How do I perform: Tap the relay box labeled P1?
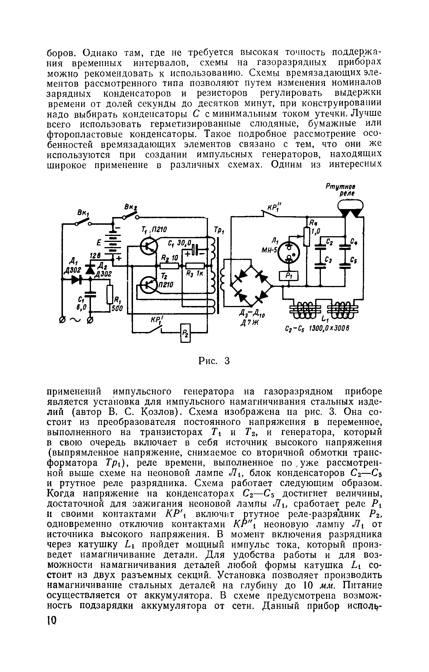point(289,276)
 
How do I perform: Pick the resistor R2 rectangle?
point(169,266)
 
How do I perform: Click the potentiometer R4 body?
point(307,236)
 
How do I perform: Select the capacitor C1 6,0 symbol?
point(91,295)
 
